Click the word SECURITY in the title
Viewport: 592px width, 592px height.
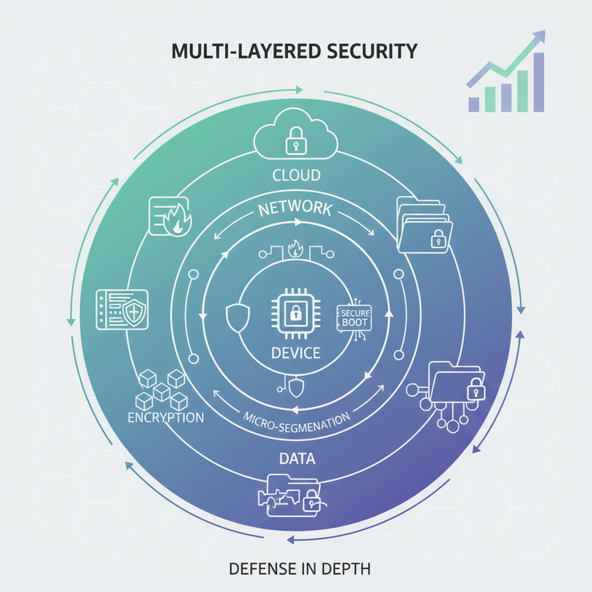click(372, 51)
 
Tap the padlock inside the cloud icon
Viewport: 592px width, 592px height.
click(296, 141)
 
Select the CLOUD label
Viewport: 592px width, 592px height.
click(297, 175)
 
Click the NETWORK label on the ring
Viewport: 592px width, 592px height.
click(295, 209)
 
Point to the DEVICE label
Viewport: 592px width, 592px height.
click(296, 353)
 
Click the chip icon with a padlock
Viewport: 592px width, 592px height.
click(296, 313)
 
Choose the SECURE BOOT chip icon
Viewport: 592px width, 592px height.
click(354, 318)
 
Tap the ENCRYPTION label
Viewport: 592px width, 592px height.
click(166, 417)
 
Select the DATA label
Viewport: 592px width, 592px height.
click(297, 459)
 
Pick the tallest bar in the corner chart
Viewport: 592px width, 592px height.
click(539, 82)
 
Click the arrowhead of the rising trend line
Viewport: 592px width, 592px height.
click(539, 36)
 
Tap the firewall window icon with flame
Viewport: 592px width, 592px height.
click(170, 217)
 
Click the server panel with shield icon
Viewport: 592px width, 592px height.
click(122, 309)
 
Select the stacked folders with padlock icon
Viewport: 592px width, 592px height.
click(424, 225)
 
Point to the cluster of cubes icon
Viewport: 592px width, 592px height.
click(161, 390)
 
